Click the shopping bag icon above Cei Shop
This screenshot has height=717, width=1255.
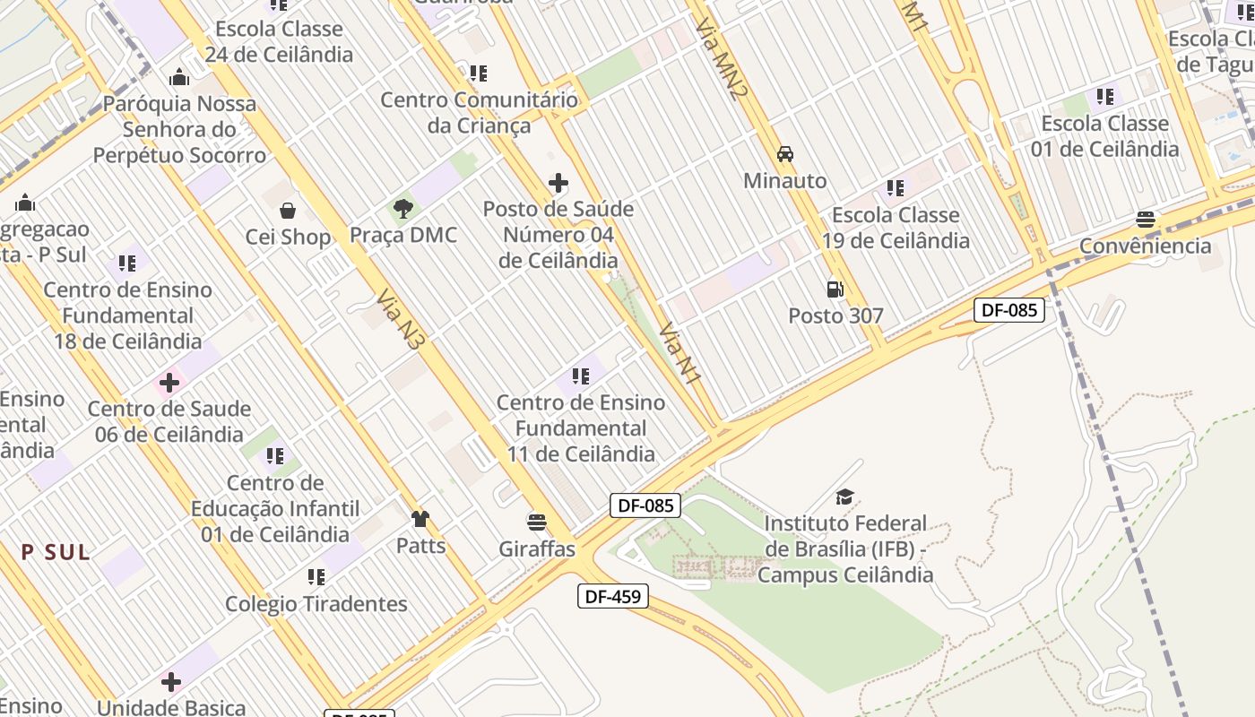coord(288,211)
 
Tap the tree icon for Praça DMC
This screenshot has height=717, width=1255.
coord(403,209)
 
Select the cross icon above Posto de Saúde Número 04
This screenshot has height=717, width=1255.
coord(558,184)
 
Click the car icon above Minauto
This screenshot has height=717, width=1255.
coord(785,154)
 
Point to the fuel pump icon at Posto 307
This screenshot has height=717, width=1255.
coord(835,289)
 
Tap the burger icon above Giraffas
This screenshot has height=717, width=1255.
coord(537,522)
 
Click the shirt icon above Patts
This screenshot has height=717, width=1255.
coord(420,518)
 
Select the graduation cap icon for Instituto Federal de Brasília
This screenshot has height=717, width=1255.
coord(844,497)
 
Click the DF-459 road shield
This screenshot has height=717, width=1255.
coord(613,596)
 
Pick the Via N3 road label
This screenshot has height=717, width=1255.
coord(400,317)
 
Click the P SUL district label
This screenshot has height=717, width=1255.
coord(56,552)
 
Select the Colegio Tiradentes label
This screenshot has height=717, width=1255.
coord(316,604)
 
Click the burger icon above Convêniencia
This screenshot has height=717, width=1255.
coord(1145,220)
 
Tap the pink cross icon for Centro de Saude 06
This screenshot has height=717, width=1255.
coord(169,384)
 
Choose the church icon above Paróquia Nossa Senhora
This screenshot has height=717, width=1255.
coord(179,77)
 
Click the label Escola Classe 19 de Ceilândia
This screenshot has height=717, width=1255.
coord(896,228)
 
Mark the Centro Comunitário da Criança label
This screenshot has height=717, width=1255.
coord(479,112)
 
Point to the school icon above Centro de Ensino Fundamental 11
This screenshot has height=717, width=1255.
coord(580,376)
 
